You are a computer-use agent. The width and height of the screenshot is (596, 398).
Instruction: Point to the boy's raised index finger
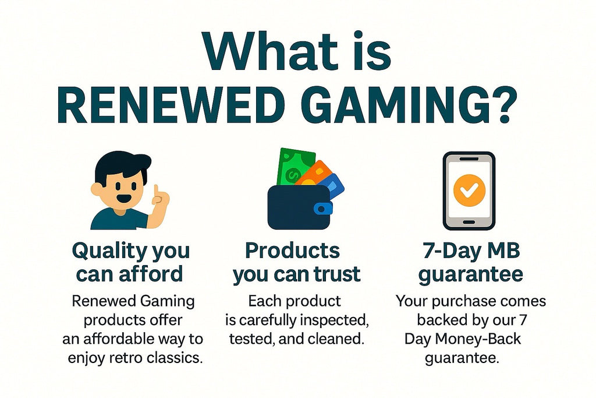156,192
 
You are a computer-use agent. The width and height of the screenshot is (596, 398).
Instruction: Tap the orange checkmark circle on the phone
469,190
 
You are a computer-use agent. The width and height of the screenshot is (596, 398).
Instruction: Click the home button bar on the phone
469,222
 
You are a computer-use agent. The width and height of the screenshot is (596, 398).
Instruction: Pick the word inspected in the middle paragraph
334,320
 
